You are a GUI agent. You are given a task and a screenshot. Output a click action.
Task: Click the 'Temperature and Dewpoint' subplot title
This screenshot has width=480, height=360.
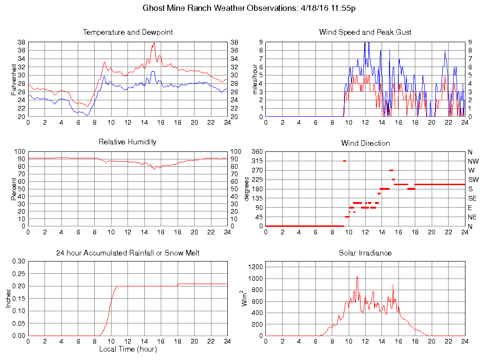click(127, 32)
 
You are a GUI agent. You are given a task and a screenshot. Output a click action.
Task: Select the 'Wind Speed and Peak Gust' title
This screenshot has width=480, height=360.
click(365, 32)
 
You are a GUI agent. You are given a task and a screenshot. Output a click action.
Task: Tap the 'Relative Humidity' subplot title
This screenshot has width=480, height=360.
click(127, 142)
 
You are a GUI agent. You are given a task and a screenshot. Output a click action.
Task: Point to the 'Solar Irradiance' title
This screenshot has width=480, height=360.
click(365, 253)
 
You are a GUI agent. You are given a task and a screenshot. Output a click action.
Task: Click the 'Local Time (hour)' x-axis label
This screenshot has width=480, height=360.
click(127, 349)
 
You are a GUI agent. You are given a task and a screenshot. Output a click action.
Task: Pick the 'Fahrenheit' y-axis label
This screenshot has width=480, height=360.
click(14, 79)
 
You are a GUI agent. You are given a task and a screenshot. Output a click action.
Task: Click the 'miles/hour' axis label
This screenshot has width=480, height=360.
click(255, 79)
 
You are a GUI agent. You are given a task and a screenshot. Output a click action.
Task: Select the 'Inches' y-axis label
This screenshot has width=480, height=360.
click(8, 299)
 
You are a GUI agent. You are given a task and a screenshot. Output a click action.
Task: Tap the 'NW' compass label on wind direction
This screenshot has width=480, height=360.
click(472, 161)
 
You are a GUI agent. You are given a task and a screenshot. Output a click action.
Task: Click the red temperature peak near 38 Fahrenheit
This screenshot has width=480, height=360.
click(153, 44)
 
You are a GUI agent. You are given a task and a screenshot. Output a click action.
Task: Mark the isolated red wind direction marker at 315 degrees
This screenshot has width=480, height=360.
click(345, 161)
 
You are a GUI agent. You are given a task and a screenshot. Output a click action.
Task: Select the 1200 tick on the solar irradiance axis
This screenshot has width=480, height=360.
click(255, 267)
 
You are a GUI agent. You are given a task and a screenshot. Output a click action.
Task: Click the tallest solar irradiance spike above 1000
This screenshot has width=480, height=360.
click(357, 277)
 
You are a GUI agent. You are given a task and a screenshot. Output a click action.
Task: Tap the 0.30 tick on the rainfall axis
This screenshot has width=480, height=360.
click(19, 261)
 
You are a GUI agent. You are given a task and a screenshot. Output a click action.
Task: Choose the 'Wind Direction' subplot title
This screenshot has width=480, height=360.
click(365, 143)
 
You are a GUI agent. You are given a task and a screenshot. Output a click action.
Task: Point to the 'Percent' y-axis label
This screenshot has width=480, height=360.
click(14, 189)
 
